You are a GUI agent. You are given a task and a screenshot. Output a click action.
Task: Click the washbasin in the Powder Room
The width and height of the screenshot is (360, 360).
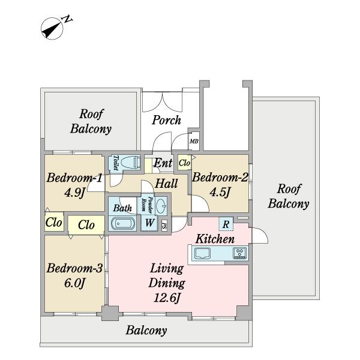pyautogui.click(x=161, y=205)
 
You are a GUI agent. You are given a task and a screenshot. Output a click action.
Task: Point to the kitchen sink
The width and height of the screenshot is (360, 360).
pyautogui.click(x=203, y=253)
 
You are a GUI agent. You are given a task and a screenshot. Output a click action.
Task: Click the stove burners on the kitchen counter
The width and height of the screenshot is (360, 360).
pyautogui.click(x=240, y=253)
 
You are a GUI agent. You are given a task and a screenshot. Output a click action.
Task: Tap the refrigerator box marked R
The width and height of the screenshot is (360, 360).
pyautogui.click(x=226, y=224)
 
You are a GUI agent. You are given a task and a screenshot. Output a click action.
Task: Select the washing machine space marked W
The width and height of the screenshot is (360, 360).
pyautogui.click(x=149, y=223)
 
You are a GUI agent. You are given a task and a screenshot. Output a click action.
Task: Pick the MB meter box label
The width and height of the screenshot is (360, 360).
pyautogui.click(x=194, y=142)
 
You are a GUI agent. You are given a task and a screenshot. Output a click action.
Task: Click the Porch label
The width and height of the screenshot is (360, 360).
pyautogui.click(x=166, y=120)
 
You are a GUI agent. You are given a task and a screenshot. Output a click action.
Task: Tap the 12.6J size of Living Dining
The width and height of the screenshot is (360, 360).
pyautogui.click(x=167, y=298)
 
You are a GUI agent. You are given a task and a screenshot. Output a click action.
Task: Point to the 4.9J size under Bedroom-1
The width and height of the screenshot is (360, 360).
pyautogui.click(x=75, y=193)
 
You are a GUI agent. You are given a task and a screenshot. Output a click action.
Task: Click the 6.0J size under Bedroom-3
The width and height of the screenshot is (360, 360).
pyautogui.click(x=75, y=283)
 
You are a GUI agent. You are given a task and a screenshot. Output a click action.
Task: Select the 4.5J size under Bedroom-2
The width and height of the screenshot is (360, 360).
pyautogui.click(x=220, y=192)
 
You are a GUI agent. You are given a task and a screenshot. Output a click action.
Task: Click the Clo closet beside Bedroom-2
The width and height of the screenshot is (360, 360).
pyautogui.click(x=185, y=163)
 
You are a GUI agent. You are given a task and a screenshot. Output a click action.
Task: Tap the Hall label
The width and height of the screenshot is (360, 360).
pyautogui.click(x=166, y=184)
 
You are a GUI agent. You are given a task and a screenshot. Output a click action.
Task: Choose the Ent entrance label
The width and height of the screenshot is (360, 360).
pyautogui.click(x=163, y=163)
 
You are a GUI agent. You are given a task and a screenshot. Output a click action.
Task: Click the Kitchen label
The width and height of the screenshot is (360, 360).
pyautogui.click(x=215, y=239)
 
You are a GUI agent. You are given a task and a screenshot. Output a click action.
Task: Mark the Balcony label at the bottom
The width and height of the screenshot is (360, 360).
pyautogui.click(x=146, y=331)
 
